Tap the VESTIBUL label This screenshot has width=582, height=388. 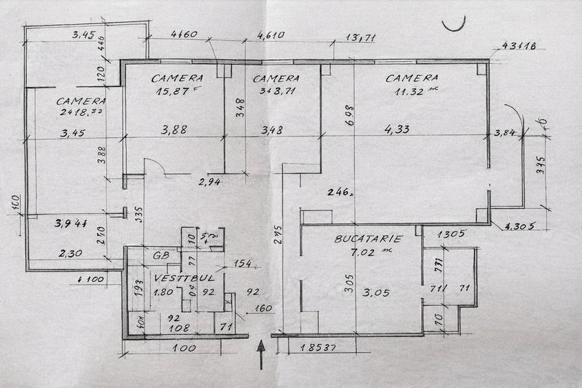pos(178,278)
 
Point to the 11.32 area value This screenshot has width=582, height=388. pos(402,90)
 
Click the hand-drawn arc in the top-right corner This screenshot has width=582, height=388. pos(455,24)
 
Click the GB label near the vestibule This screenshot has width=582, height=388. pos(162,254)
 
